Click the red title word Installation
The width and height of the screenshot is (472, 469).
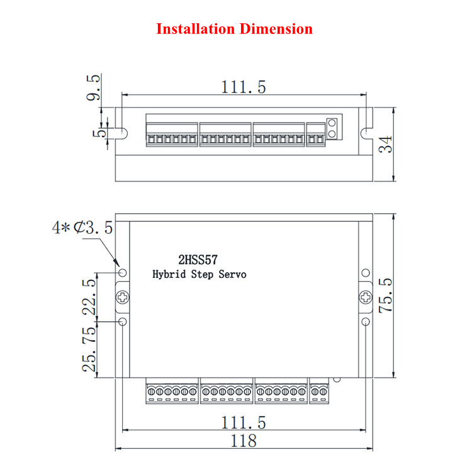(x=195, y=29)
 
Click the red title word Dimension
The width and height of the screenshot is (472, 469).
(x=276, y=29)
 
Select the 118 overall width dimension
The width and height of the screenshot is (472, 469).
(x=244, y=441)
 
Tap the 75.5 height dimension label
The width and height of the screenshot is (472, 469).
(x=386, y=295)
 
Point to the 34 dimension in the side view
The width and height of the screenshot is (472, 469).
(x=386, y=145)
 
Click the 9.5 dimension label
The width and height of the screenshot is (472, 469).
(x=93, y=87)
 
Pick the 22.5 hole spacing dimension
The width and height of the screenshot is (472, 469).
(x=89, y=297)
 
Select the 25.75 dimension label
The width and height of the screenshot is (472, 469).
(x=89, y=349)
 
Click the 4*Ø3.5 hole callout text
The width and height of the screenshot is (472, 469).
(x=82, y=228)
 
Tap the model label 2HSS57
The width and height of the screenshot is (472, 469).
(x=198, y=260)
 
